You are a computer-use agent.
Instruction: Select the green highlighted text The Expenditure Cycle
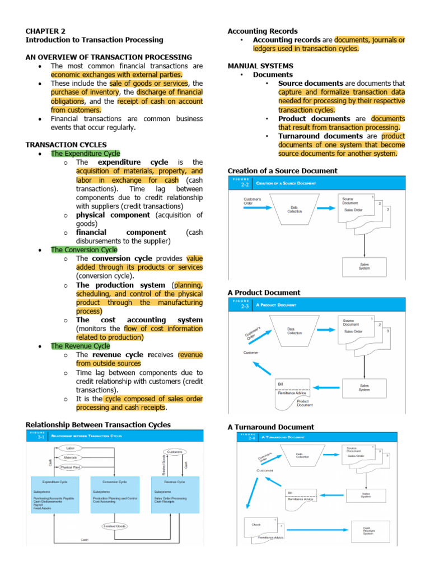coord(85,153)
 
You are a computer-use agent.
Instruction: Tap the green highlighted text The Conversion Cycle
coord(84,249)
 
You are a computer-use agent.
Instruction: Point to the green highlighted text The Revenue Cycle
coord(80,346)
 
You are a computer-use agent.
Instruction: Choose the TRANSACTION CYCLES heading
coord(66,145)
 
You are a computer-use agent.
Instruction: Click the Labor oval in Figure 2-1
coord(71,448)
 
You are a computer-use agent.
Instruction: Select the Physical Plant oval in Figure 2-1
coord(71,466)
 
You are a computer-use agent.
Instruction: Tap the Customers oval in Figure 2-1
coord(175,451)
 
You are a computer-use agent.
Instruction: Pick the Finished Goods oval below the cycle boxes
coord(114,526)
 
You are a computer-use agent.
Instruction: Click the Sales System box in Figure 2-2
coord(364,266)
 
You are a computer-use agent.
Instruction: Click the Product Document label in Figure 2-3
coord(305,402)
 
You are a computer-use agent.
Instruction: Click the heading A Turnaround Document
coord(271,427)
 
